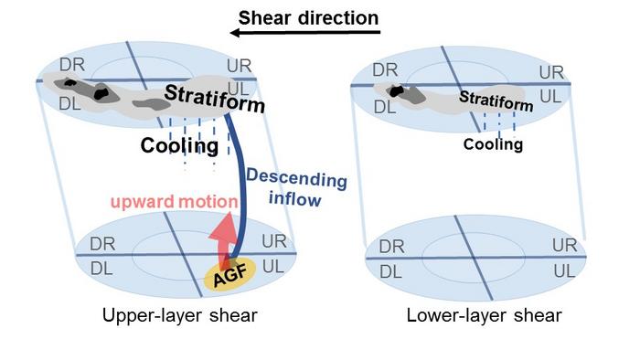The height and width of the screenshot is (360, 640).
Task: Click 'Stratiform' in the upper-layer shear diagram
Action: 215,98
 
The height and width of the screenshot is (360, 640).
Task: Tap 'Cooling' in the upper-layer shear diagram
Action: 178,146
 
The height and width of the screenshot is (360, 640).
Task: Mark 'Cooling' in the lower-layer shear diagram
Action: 493,144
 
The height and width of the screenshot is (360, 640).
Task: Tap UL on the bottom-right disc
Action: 564,271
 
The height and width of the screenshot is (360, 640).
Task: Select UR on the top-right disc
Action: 551,72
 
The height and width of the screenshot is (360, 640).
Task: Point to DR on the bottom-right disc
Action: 391,247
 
